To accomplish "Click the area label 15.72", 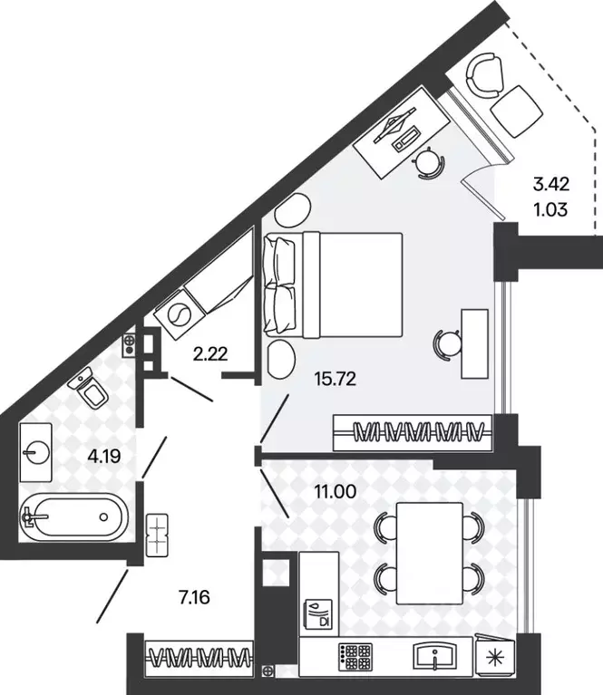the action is tap(335, 379).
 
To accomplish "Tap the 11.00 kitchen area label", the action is tap(335, 491).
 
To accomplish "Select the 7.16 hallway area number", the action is tap(194, 597).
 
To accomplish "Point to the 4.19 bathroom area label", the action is tap(104, 456).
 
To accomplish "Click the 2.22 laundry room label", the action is tap(210, 353).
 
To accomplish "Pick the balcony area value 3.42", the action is tap(551, 184).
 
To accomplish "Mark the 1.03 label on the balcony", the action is tap(550, 209).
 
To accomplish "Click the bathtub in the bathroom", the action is tap(73, 516).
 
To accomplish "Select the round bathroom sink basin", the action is tap(37, 452).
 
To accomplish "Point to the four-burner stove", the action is tap(355, 656).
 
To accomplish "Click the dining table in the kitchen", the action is tap(430, 553).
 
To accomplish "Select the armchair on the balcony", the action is tap(485, 76).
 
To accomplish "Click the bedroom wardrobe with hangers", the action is tap(413, 432).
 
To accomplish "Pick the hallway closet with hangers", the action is tap(199, 658).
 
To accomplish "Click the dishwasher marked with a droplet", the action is tap(317, 613).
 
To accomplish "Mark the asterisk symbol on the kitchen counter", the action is tap(496, 658).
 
